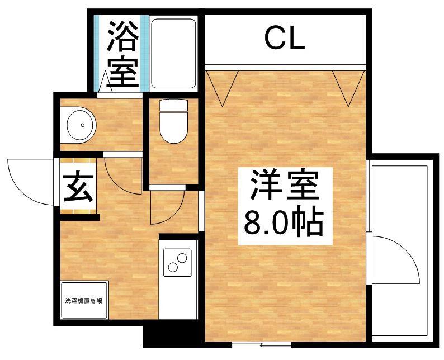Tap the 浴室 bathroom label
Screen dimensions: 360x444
[122, 53]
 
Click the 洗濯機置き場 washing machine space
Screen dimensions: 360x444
[84, 301]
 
